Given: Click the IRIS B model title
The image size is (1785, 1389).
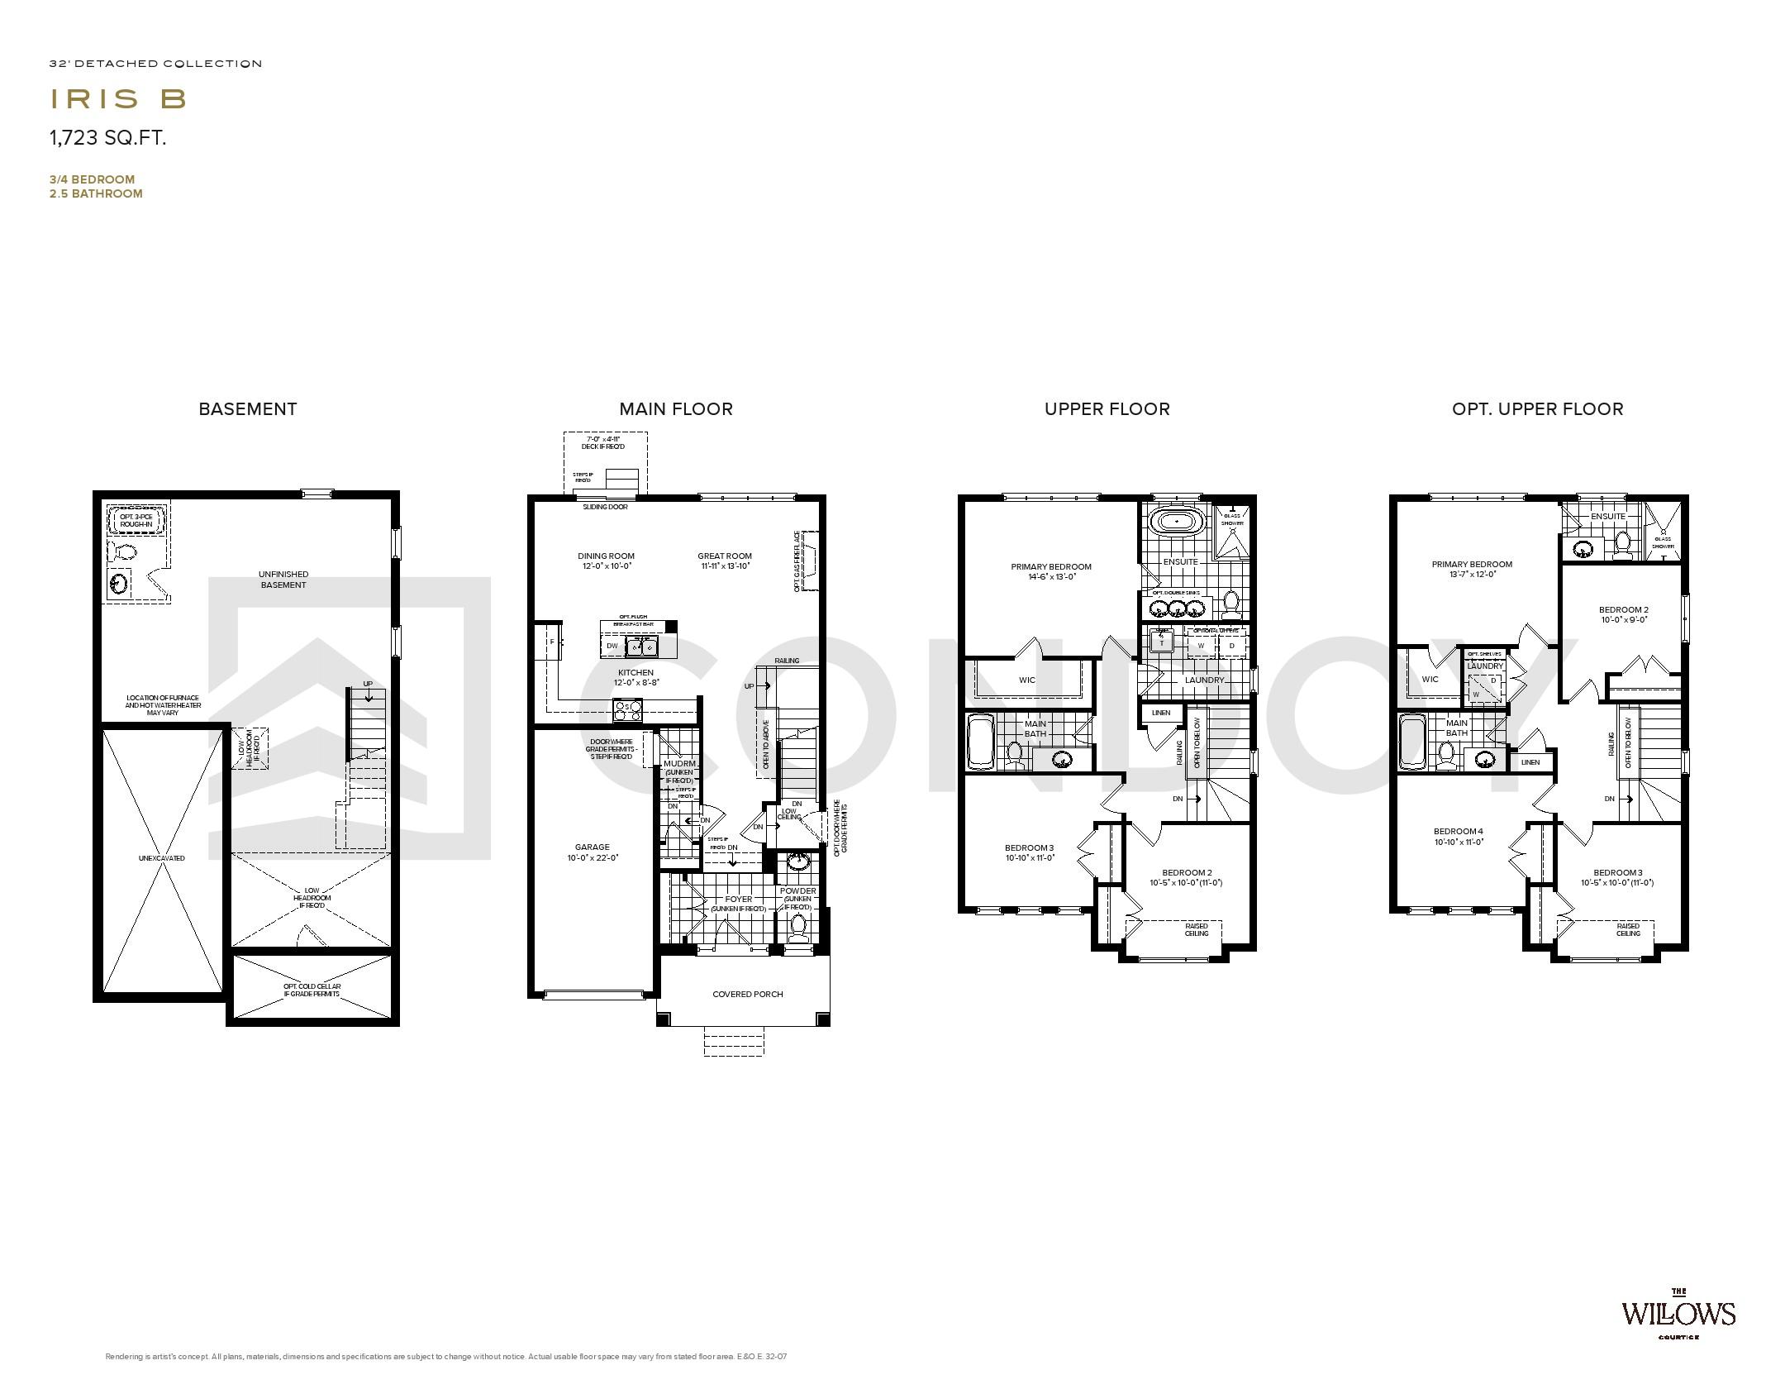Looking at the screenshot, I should point(118,99).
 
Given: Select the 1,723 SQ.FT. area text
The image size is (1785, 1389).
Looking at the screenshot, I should point(107,138).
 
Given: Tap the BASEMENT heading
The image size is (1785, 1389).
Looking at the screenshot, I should point(247,408).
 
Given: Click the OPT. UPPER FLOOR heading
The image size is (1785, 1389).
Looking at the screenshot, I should point(1537,408).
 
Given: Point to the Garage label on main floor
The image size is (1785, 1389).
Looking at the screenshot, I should point(592,847).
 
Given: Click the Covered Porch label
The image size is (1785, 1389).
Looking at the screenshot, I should point(747,994).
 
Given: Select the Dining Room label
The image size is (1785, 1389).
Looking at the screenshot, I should point(606,556).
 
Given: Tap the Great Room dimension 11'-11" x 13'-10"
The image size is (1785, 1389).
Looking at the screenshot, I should point(724,566).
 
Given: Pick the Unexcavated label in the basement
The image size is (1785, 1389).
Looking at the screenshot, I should point(162,858).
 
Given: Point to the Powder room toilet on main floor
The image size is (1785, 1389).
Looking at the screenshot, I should point(797,927).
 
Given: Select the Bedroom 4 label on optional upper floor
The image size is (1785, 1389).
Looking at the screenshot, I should point(1459,831).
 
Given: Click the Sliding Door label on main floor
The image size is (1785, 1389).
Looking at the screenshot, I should point(605,507).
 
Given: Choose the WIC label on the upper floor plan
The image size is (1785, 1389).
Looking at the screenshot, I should point(1027,680).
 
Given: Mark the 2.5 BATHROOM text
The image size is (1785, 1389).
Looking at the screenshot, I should point(96,193).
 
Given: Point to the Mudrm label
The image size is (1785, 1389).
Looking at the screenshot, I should point(679,763).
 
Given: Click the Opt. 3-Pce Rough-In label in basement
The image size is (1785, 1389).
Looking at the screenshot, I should point(136,520).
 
